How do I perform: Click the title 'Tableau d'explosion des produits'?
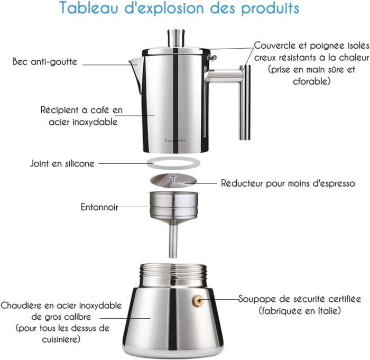pos(179,8)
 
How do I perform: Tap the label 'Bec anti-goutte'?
pos(45,62)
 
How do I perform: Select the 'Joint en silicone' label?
pos(62,163)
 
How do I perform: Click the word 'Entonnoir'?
pos(99,207)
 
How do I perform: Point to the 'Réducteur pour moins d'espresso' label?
pos(288,183)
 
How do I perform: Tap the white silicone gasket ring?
pos(173,163)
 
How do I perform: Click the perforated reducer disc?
pos(173,180)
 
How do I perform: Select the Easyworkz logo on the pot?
pos(175,141)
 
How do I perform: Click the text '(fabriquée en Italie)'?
pos(300,310)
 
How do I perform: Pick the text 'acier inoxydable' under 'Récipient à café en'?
pos(83,122)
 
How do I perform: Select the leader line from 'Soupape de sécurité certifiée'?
pos(220,300)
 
